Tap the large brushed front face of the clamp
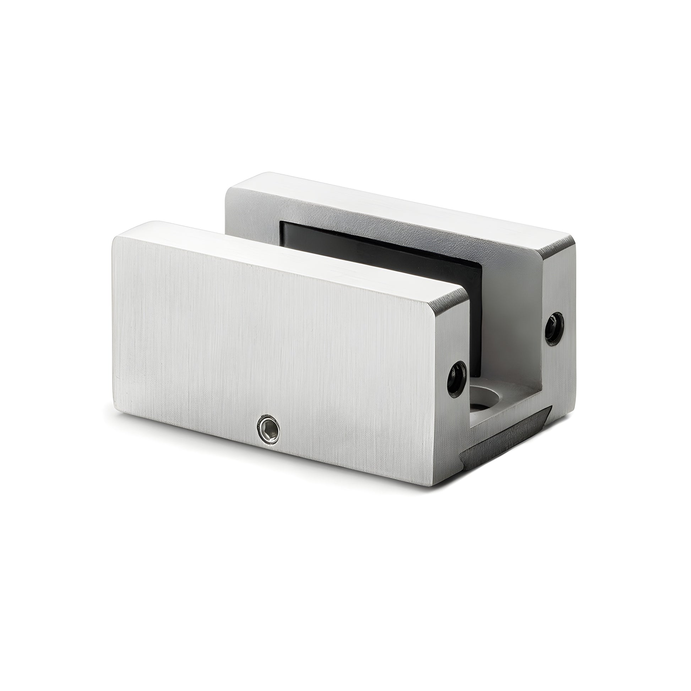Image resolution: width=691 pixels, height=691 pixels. tap(272, 343)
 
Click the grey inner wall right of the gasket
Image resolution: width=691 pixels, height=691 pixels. tap(511, 322)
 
